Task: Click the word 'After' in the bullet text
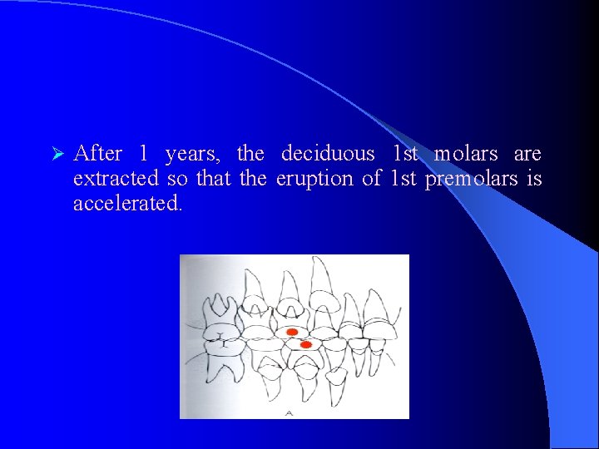(98, 154)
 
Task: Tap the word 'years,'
(191, 154)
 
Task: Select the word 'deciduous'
(328, 154)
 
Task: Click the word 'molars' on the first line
(466, 154)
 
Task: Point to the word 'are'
(527, 154)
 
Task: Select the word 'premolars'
(471, 179)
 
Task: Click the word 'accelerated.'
(127, 204)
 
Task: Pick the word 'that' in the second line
(214, 179)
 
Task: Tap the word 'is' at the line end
(534, 179)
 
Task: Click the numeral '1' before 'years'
(144, 154)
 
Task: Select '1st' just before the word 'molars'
(405, 154)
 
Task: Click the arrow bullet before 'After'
(57, 155)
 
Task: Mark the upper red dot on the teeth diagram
(292, 333)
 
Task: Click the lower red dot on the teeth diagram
(305, 344)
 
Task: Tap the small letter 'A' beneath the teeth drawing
(289, 412)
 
